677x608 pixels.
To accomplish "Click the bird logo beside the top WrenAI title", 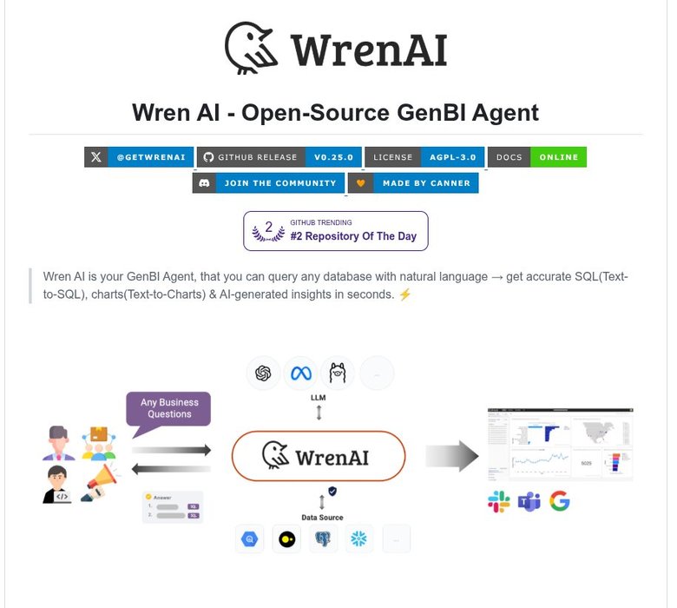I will [x=253, y=48].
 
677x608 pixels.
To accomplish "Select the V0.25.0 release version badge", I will [x=333, y=157].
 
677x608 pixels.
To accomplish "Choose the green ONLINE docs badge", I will [x=558, y=157].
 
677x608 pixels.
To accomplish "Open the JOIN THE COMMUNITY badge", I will [x=279, y=183].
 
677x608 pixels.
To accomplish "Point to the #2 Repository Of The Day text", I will [x=353, y=236].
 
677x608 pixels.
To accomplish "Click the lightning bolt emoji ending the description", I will [x=405, y=294].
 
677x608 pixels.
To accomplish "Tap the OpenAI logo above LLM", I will [x=262, y=373].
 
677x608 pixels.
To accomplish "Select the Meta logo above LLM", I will [x=300, y=373].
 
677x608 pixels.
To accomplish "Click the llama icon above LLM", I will [x=338, y=373].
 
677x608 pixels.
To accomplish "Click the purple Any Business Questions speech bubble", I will [x=168, y=408].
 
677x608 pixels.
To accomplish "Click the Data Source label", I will [x=322, y=517].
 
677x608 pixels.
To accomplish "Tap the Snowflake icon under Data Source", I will [x=358, y=539].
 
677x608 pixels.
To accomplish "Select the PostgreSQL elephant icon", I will [x=323, y=539].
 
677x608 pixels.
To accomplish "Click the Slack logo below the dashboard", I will [x=498, y=501].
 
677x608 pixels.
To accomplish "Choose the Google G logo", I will [x=560, y=501].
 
